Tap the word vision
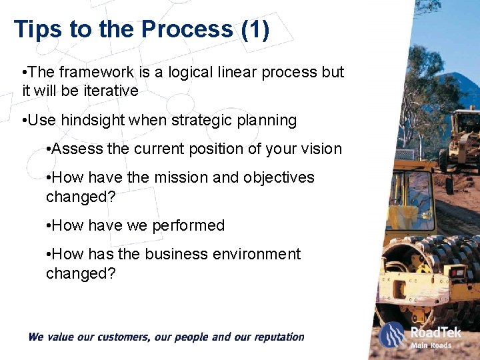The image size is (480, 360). coord(321,149)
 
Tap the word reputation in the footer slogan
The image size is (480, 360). coord(275,337)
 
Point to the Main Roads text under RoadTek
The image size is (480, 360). coord(431,345)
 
